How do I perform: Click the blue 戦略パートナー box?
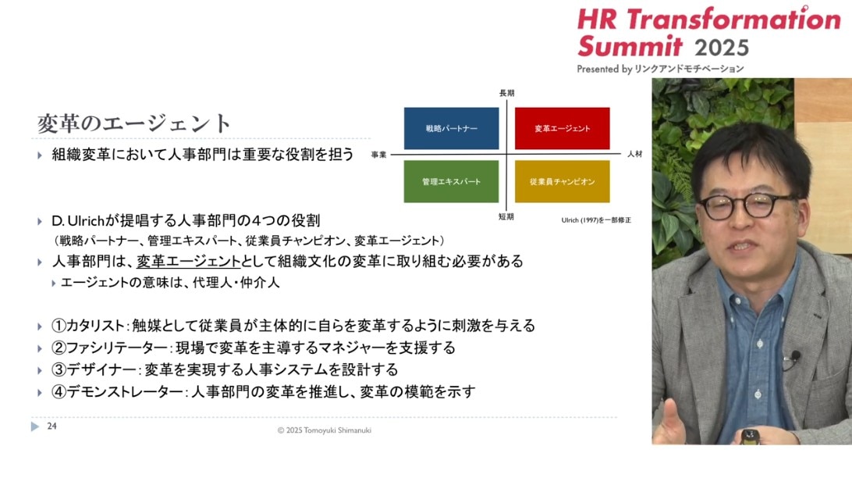tap(451, 128)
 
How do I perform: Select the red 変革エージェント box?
tap(563, 128)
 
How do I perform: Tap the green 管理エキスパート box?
tap(451, 182)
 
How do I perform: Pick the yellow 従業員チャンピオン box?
tap(563, 182)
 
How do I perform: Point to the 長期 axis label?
tap(507, 93)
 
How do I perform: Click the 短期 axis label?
tap(506, 216)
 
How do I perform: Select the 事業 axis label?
tap(378, 155)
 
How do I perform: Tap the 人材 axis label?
tap(634, 154)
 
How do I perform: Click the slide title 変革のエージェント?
tap(134, 123)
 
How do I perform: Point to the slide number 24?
tap(51, 426)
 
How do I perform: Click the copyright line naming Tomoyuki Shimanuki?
tap(325, 430)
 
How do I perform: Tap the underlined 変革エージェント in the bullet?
tap(189, 262)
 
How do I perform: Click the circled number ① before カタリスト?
tap(59, 325)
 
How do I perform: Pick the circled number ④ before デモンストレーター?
tap(59, 391)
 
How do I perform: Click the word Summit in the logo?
tap(630, 45)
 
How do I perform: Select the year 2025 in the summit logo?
tap(722, 48)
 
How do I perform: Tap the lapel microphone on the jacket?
tap(795, 356)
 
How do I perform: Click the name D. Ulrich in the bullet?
tap(78, 221)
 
